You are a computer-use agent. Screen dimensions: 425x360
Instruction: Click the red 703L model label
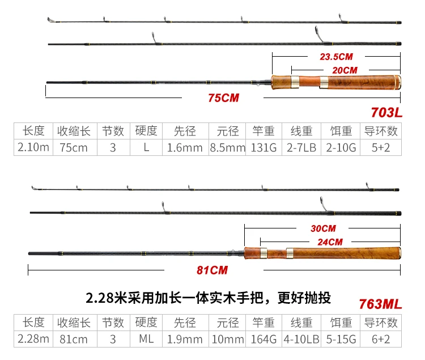[386, 112]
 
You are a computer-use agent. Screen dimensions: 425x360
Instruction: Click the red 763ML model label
[380, 303]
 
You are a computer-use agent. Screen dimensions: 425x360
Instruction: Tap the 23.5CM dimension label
[337, 57]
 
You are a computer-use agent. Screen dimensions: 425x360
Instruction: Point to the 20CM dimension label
[345, 70]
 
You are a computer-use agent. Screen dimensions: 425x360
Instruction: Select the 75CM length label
[223, 98]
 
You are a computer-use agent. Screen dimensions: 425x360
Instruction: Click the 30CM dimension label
[323, 228]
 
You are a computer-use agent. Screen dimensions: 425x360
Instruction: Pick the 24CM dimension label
[330, 242]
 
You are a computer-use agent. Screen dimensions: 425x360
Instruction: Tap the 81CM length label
[212, 270]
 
